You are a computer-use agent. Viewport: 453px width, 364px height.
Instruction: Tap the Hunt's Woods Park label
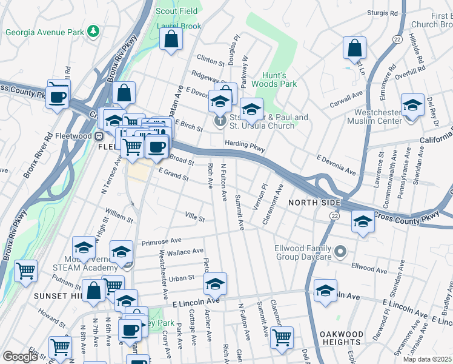(x=280, y=79)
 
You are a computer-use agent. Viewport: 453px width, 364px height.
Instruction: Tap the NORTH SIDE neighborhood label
(x=312, y=202)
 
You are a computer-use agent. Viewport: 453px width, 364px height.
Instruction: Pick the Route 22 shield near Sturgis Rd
(x=397, y=38)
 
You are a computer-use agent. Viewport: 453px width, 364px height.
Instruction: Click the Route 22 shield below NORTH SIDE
(x=334, y=215)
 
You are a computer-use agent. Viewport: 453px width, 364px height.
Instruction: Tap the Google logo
(x=20, y=357)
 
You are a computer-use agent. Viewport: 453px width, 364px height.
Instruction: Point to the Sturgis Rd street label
(x=385, y=12)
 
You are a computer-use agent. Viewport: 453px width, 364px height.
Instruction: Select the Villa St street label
(x=195, y=217)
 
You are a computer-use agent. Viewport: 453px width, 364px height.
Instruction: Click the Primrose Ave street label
(x=161, y=241)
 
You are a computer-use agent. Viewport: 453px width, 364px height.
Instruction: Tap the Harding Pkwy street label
(x=245, y=145)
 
